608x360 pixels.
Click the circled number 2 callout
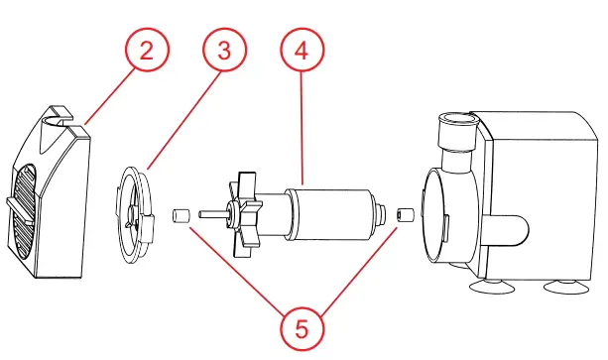point(147,52)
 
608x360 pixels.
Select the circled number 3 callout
point(224,52)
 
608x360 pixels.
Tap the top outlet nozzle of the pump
point(457,123)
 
